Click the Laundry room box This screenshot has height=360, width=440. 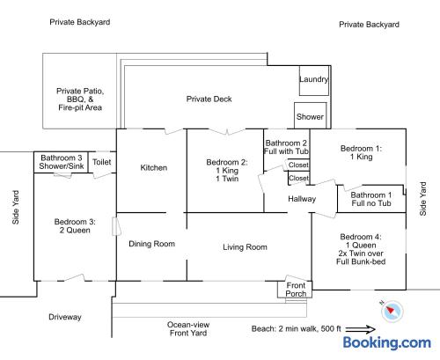click(x=314, y=80)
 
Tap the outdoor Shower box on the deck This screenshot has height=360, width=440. click(x=311, y=115)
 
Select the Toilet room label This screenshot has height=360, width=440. click(x=102, y=162)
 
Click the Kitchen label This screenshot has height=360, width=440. click(x=154, y=168)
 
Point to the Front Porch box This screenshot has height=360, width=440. click(x=295, y=290)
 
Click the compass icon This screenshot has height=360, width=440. click(x=392, y=311)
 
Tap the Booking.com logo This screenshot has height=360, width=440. click(x=387, y=342)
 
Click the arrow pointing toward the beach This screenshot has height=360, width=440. click(x=361, y=330)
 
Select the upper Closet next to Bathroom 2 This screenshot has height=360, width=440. click(x=298, y=165)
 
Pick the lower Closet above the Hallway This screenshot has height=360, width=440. click(x=298, y=178)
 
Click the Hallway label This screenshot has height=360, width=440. click(x=302, y=199)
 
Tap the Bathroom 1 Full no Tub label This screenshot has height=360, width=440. click(x=371, y=199)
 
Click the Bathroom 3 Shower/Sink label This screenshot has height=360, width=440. click(x=62, y=162)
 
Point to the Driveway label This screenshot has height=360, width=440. click(x=65, y=317)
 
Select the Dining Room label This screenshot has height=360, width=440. click(x=151, y=244)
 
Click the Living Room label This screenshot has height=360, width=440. click(x=245, y=247)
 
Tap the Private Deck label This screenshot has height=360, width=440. click(x=209, y=99)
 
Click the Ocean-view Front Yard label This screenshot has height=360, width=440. click(x=188, y=329)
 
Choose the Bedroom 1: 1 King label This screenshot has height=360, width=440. click(x=361, y=152)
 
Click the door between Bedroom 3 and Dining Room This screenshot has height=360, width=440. click(x=116, y=226)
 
